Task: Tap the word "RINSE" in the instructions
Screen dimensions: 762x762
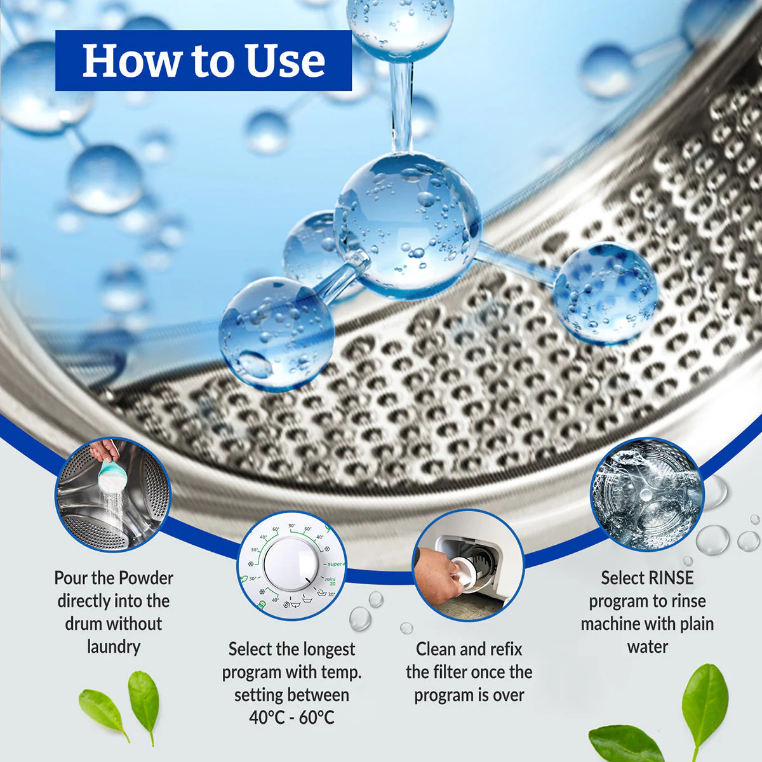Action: click(x=667, y=578)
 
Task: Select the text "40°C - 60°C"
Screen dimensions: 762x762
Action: click(x=292, y=718)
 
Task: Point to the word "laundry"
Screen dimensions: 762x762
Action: click(x=114, y=647)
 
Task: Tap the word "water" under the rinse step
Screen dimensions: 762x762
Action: click(x=648, y=647)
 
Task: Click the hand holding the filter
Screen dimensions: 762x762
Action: click(x=437, y=573)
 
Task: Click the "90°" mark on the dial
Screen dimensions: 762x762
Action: click(x=292, y=526)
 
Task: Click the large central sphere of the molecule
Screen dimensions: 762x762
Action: click(x=407, y=225)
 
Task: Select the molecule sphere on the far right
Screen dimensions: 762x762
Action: click(x=605, y=293)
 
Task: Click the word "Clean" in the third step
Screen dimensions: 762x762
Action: click(x=437, y=650)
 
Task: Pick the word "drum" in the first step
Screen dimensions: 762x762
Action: click(x=84, y=624)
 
